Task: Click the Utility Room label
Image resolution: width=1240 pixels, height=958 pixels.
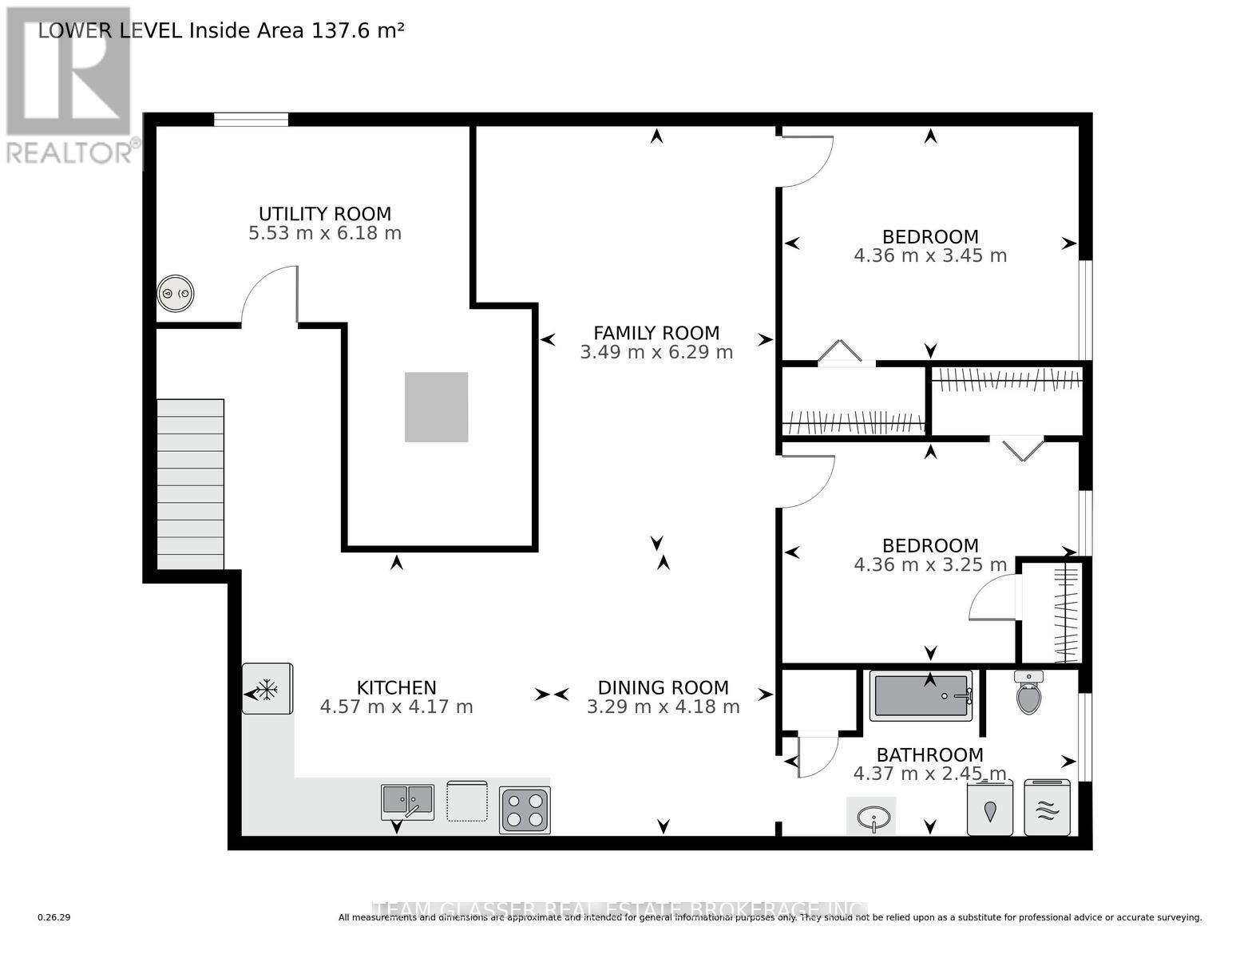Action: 325,214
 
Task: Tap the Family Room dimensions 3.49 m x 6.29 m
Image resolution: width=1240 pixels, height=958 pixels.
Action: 656,352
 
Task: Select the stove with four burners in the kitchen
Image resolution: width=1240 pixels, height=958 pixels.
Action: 525,810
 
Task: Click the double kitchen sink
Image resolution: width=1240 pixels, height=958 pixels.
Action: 407,801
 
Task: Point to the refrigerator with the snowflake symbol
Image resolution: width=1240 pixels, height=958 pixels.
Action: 267,689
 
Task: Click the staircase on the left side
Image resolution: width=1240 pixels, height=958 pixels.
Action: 190,484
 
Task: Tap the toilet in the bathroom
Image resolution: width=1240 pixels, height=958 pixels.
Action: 1028,693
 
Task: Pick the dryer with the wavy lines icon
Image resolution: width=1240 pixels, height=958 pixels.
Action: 1047,808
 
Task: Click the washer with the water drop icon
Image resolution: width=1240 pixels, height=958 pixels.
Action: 990,809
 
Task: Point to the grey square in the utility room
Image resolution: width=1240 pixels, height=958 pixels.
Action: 436,407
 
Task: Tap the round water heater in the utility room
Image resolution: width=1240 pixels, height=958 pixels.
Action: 176,293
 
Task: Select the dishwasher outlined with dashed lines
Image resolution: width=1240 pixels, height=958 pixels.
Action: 466,801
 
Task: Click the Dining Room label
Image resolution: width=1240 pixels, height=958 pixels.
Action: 663,687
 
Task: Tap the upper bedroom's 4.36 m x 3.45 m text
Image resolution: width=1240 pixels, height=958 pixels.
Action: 930,256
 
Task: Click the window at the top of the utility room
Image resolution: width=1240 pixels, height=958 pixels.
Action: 251,120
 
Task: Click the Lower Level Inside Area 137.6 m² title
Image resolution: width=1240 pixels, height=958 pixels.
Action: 221,30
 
